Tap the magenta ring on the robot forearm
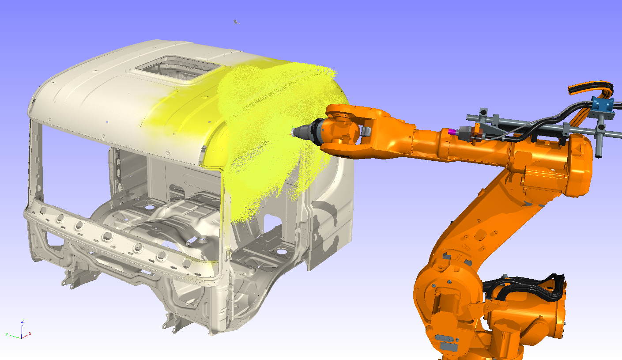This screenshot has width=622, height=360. tap(451, 131)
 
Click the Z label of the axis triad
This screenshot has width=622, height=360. tap(22, 321)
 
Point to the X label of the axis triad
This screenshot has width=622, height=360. tap(30, 333)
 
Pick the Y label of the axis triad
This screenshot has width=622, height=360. tap(7, 334)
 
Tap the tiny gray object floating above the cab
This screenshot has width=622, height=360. tap(237, 21)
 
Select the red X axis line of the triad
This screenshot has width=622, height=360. tap(26, 335)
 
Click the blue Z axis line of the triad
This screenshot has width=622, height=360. tap(22, 330)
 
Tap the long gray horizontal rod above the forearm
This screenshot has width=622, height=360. tap(530, 123)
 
